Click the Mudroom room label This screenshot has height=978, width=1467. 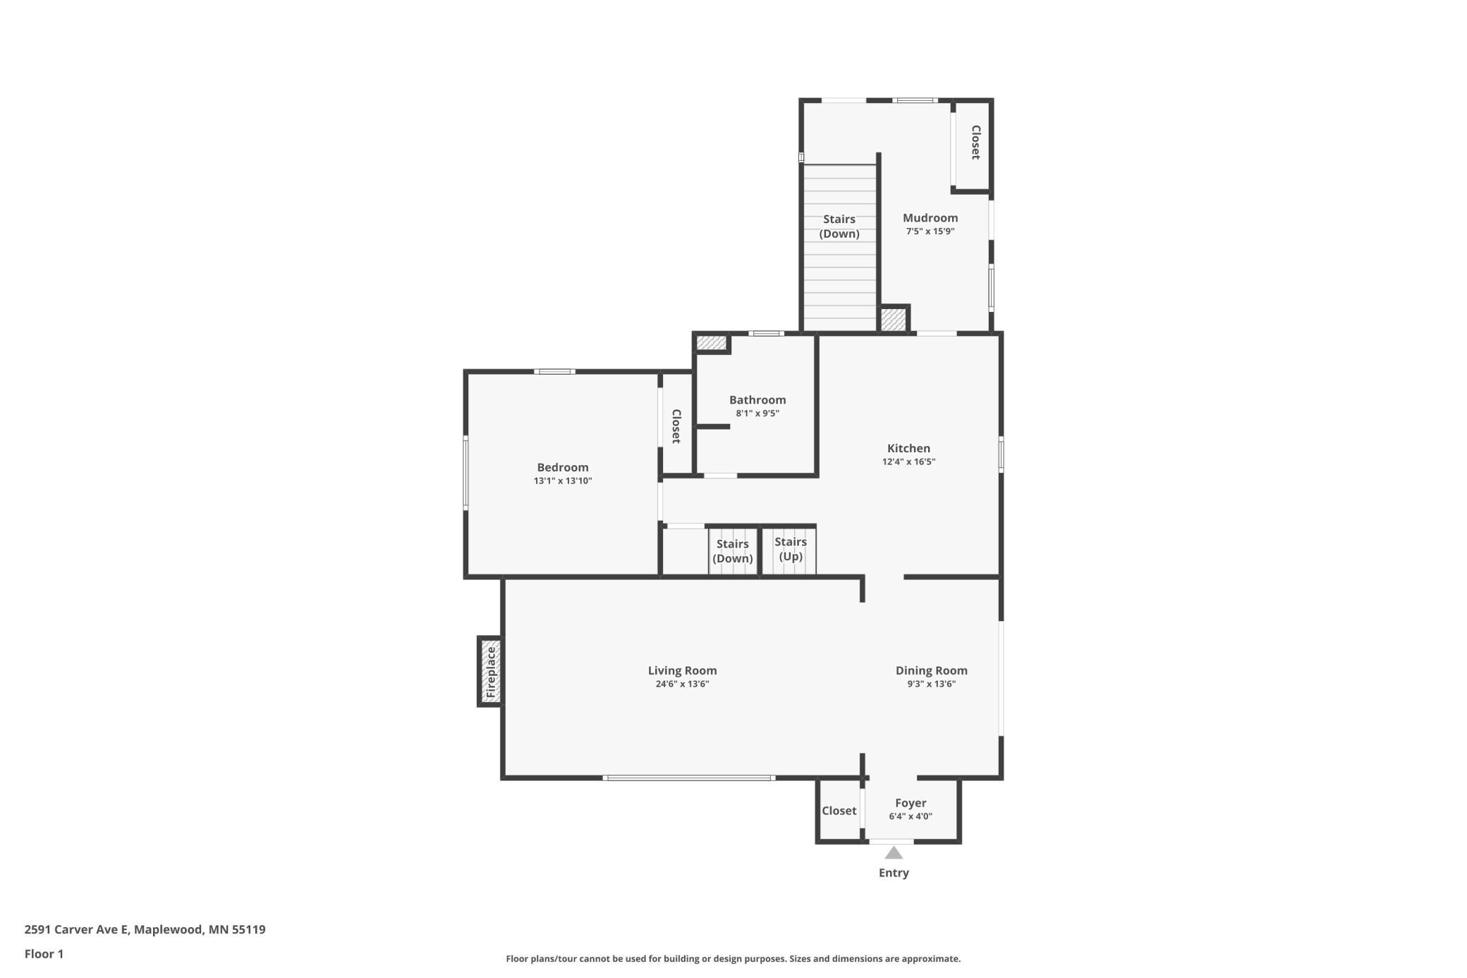tap(930, 218)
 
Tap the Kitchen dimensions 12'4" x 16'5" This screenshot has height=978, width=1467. tap(908, 462)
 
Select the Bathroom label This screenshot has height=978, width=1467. tap(757, 400)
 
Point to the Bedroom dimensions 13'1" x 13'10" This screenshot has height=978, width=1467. tap(563, 481)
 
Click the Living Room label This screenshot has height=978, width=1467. tap(682, 670)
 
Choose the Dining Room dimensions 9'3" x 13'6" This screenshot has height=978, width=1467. tap(931, 684)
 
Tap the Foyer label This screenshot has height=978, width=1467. tap(911, 803)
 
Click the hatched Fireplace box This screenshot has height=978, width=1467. tap(491, 672)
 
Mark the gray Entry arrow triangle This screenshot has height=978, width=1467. tap(894, 852)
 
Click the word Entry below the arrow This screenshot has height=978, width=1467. tap(894, 873)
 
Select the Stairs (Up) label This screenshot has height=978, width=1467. tap(790, 549)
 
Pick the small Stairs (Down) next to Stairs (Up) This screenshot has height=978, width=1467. tap(733, 551)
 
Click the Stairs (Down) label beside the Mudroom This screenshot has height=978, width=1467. tap(839, 227)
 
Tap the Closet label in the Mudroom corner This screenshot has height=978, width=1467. tap(975, 143)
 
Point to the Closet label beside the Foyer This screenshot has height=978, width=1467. tap(839, 811)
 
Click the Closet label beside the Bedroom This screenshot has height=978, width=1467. tap(676, 426)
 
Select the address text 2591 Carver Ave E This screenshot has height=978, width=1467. tap(77, 929)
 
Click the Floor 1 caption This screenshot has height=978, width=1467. tap(44, 954)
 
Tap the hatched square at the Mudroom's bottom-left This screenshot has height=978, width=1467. tap(894, 319)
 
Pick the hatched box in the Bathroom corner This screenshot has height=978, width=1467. tap(712, 343)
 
